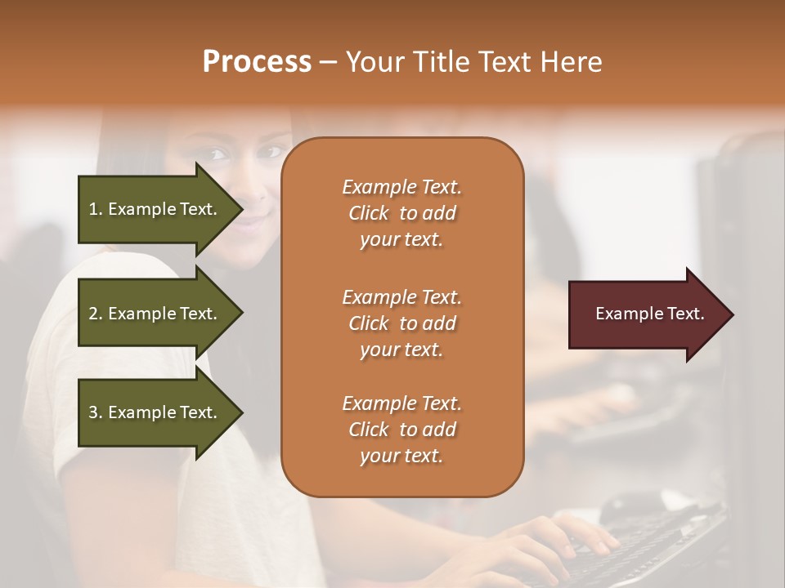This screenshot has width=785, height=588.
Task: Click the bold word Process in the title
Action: point(257,61)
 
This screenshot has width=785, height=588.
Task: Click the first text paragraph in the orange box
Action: point(401,213)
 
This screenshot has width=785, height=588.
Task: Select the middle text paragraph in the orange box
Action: point(401,323)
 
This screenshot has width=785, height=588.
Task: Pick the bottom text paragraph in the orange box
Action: point(401,430)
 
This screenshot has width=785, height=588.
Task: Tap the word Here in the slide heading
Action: point(572,61)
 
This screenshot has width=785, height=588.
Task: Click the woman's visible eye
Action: point(217,153)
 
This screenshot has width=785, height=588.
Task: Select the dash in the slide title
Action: point(329,62)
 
